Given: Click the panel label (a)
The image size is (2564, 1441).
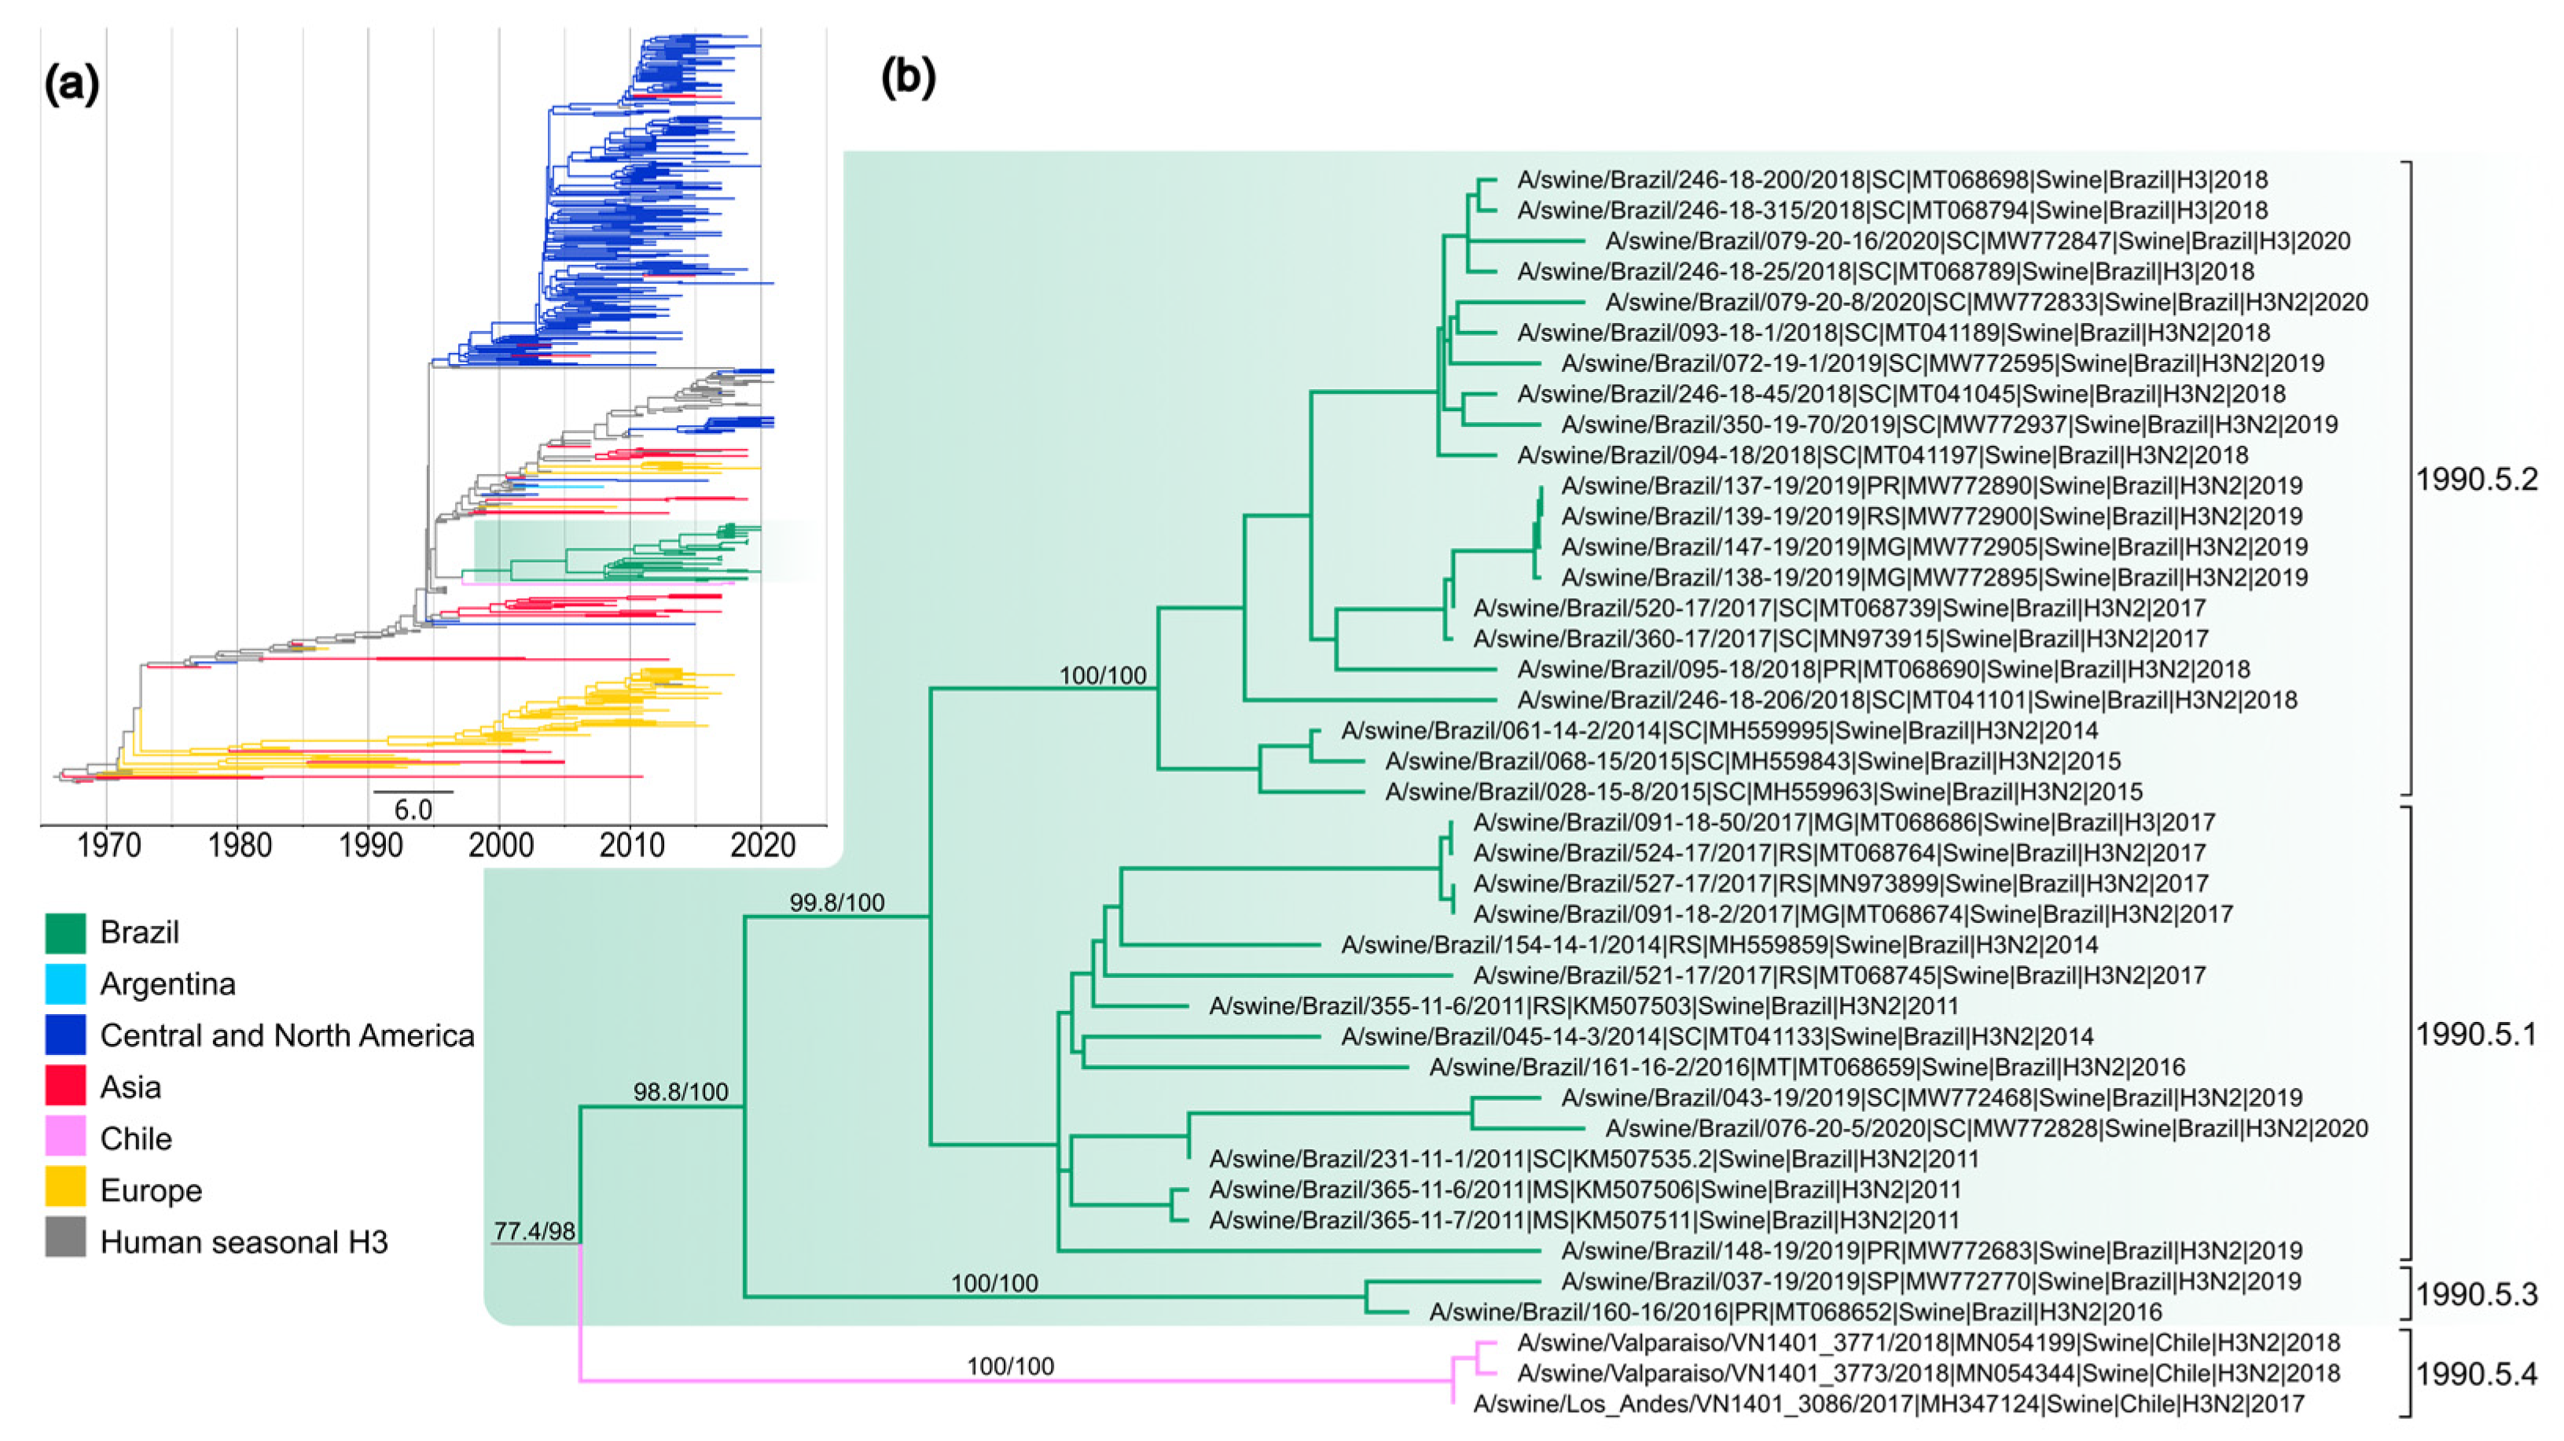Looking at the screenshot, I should click(72, 86).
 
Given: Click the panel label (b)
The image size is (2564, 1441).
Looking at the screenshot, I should click(908, 75).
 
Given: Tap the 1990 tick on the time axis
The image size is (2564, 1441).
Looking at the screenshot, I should click(370, 846).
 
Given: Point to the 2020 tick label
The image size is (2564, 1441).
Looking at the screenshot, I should click(762, 846).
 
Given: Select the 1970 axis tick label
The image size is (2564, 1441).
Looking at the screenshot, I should click(108, 846).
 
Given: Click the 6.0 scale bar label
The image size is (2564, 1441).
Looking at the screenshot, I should click(413, 810).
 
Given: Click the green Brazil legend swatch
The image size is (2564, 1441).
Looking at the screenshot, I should click(66, 932).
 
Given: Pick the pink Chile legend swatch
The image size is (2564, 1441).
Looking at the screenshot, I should click(66, 1138).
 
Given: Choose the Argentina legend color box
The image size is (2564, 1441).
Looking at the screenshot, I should click(66, 984).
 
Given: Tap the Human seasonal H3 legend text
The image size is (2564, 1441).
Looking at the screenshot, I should click(244, 1242).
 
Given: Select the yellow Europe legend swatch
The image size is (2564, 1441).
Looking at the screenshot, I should click(66, 1190).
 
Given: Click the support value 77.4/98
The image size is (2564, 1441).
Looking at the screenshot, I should click(534, 1231).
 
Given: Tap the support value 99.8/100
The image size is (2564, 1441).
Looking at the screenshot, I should click(836, 902).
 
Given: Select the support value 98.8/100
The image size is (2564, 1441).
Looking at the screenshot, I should click(681, 1092).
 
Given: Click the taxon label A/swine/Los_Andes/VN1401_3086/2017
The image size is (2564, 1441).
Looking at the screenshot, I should click(1888, 1404).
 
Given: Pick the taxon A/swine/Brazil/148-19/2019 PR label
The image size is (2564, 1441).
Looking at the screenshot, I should click(1931, 1251).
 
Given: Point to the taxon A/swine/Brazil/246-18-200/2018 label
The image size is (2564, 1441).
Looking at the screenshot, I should click(1891, 180).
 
